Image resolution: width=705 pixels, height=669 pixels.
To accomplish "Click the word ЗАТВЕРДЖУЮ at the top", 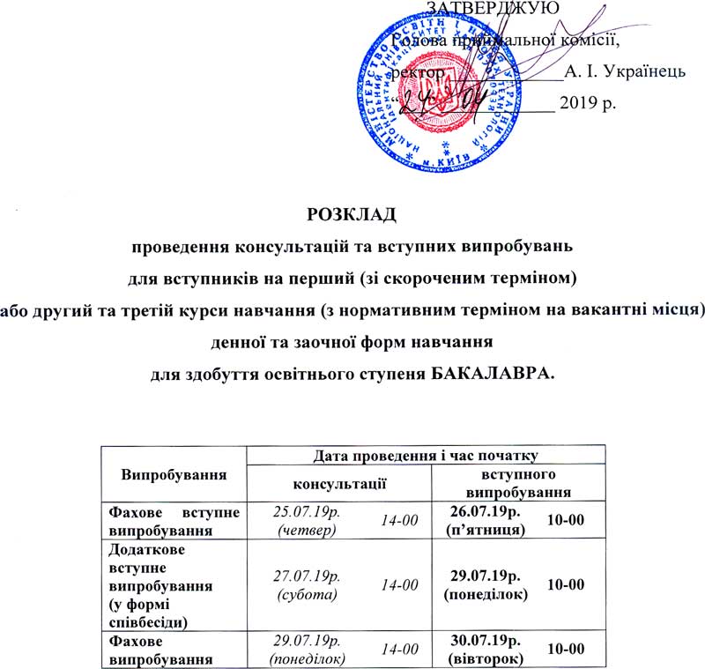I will tap(479, 11).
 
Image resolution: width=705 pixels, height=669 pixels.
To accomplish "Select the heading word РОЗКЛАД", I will tap(351, 213).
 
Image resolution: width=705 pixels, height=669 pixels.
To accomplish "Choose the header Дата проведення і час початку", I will tap(426, 455).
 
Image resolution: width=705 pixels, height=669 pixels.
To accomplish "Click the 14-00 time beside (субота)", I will tap(399, 584).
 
